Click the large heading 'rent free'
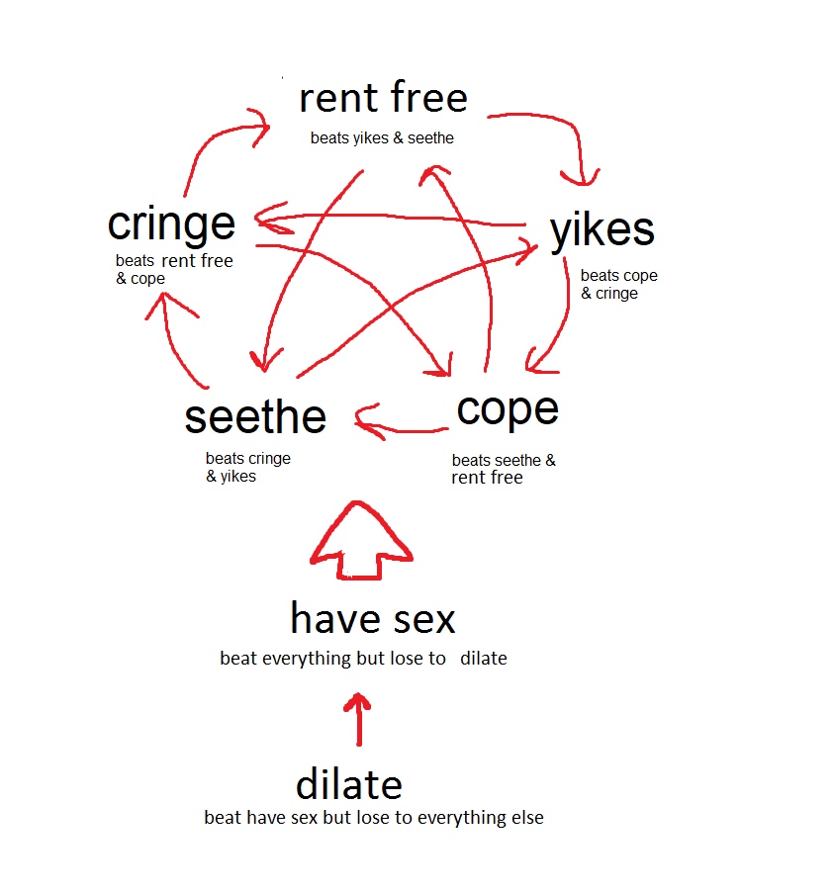pyautogui.click(x=383, y=97)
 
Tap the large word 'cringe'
pyautogui.click(x=171, y=224)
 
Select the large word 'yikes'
pyautogui.click(x=602, y=230)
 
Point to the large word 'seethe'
pyautogui.click(x=255, y=417)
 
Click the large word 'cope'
pyautogui.click(x=508, y=411)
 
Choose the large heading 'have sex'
pyautogui.click(x=373, y=618)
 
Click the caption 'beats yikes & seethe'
pyautogui.click(x=382, y=137)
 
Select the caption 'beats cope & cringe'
pyautogui.click(x=618, y=284)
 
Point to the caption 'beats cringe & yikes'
pyautogui.click(x=247, y=467)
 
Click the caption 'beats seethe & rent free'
pyautogui.click(x=504, y=468)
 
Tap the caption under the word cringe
pyautogui.click(x=174, y=269)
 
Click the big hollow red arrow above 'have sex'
pyautogui.click(x=360, y=540)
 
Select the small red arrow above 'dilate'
pyautogui.click(x=358, y=719)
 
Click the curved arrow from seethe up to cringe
pyautogui.click(x=170, y=342)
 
